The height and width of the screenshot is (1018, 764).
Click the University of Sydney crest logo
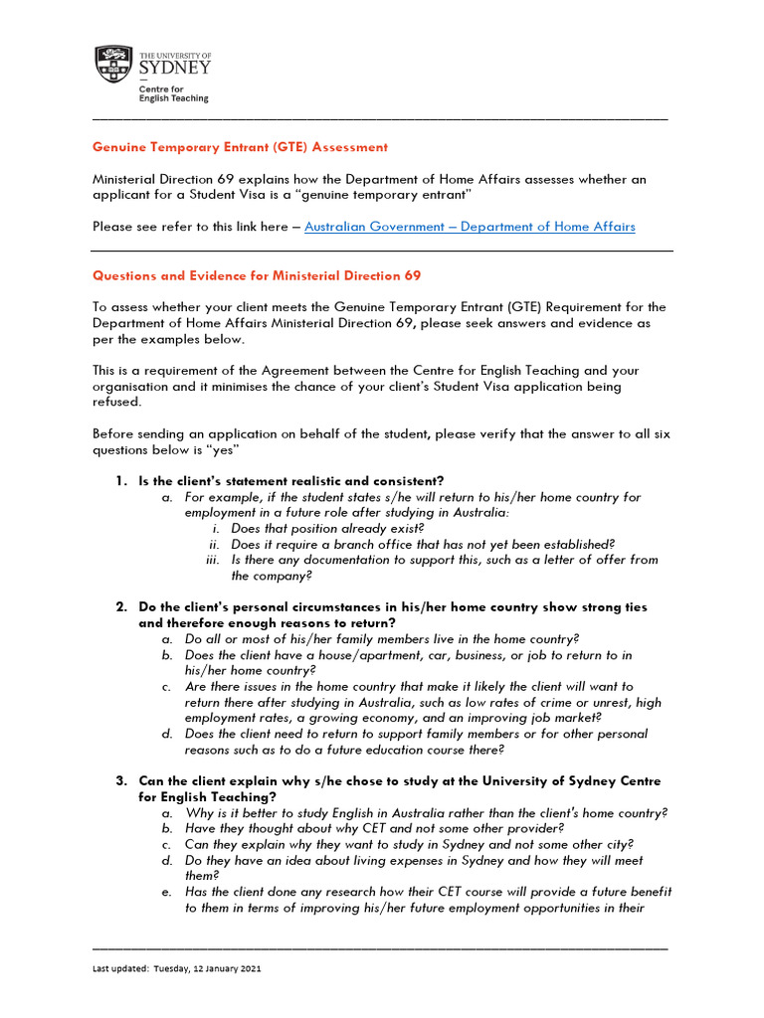(x=111, y=65)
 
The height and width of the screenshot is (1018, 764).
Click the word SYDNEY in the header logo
(x=175, y=68)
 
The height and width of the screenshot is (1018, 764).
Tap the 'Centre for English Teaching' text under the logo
(x=173, y=93)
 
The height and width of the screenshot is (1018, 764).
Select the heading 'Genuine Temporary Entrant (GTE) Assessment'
(x=240, y=147)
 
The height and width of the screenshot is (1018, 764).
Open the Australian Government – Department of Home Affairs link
(x=470, y=227)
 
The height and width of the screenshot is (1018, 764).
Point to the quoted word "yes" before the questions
(x=220, y=449)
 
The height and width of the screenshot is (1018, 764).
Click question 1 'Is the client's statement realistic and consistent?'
(x=290, y=481)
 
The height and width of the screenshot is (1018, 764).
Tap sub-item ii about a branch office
(x=423, y=544)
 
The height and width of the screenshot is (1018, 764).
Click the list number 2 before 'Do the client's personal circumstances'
(x=120, y=606)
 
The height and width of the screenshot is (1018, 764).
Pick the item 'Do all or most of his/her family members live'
(x=382, y=639)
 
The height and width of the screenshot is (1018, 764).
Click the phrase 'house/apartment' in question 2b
(x=350, y=655)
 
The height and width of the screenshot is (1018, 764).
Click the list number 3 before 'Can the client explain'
(x=120, y=781)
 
